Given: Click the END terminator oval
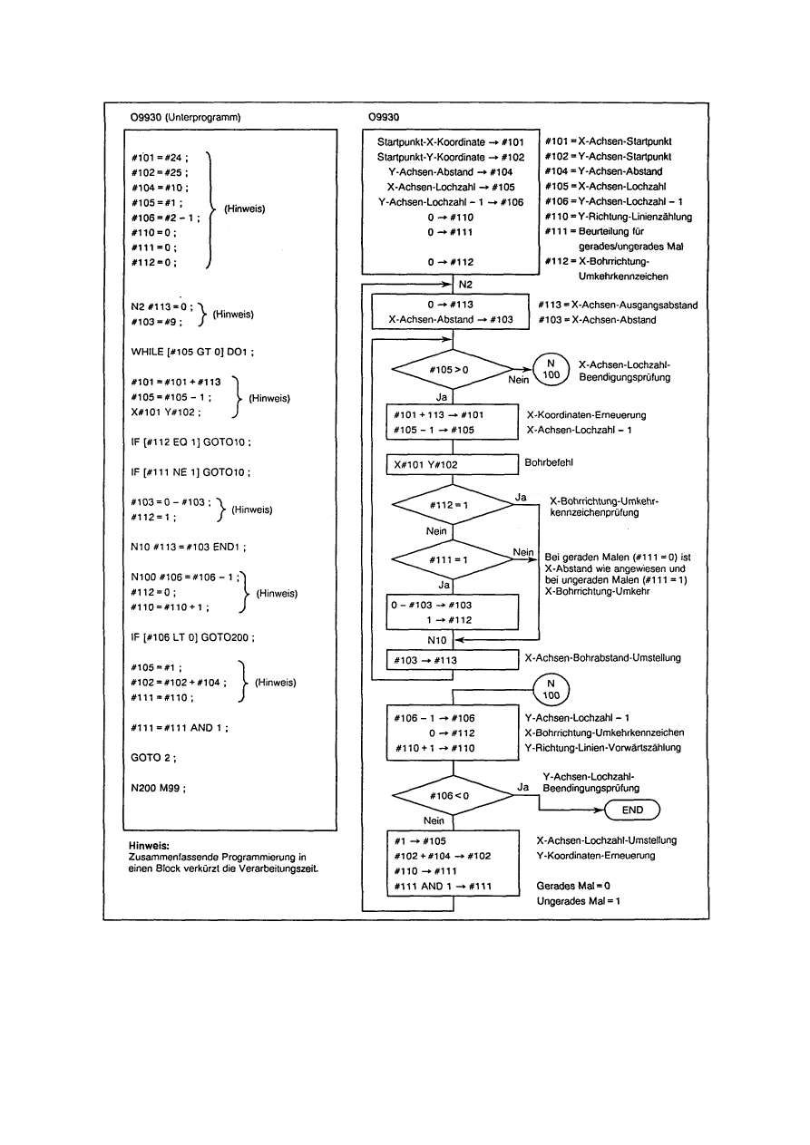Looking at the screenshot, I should (632, 810).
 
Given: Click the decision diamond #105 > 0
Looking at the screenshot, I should (451, 369).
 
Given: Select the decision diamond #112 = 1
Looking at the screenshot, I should (451, 505).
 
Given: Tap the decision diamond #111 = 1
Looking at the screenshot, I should (451, 560).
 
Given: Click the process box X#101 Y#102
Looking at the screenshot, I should (451, 464).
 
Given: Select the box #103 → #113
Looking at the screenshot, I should (451, 660).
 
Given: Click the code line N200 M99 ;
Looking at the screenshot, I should (158, 788).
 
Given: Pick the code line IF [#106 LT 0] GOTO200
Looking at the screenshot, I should (192, 637).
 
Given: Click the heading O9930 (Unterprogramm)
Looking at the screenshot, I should (186, 118).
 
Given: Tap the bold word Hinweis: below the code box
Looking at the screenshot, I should (150, 845).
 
